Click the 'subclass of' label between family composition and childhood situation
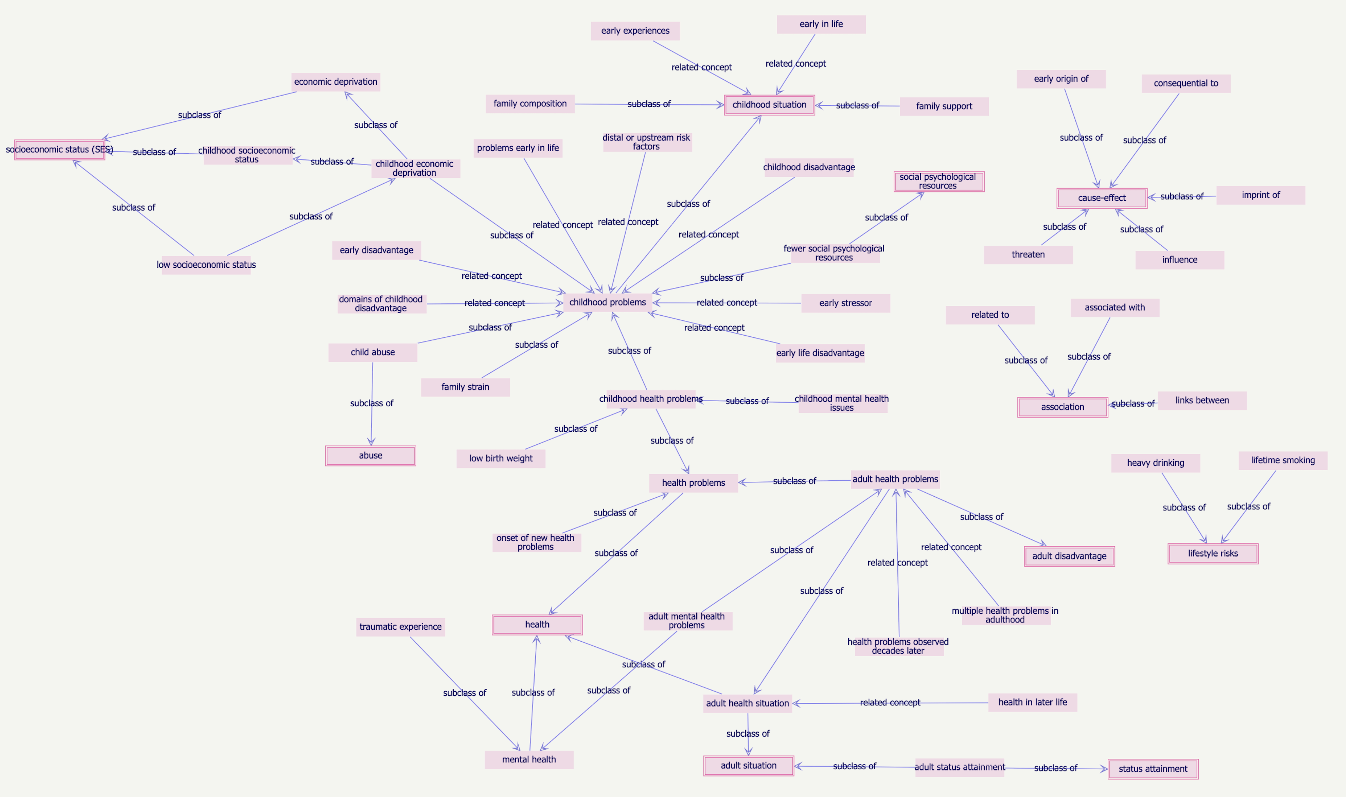tap(649, 104)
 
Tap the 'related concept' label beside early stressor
tap(727, 303)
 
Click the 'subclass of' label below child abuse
tap(372, 403)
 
